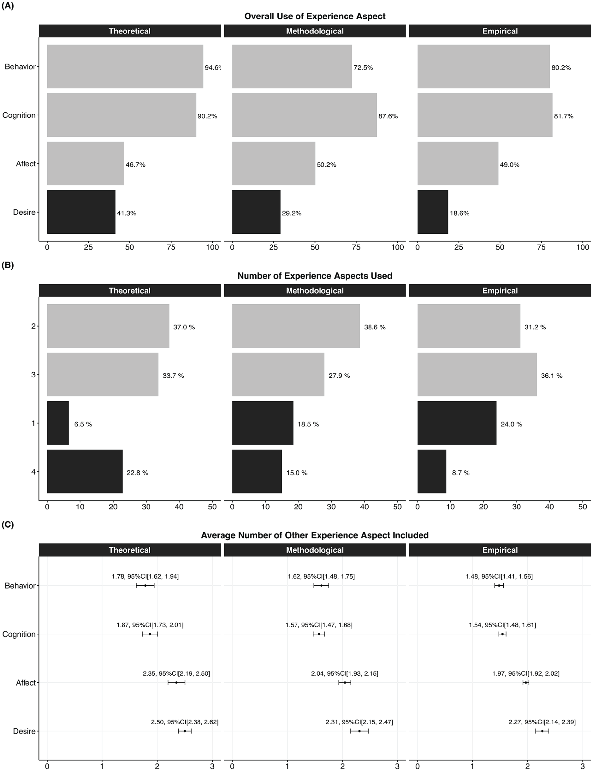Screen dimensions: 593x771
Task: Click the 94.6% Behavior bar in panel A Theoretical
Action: coord(125,66)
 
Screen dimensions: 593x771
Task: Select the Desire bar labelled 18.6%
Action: coord(433,212)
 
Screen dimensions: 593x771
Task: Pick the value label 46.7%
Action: coord(135,165)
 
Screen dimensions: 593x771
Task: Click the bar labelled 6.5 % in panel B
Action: coord(58,423)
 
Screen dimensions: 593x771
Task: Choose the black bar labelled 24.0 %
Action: coord(457,423)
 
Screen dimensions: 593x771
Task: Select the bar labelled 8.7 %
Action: coord(432,471)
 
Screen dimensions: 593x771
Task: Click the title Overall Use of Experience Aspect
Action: coord(315,16)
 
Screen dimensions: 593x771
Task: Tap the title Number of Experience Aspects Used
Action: coord(315,276)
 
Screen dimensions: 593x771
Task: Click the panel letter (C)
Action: coord(8,525)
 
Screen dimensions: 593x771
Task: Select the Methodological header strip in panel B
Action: coord(315,290)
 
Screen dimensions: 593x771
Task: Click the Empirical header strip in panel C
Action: coord(500,550)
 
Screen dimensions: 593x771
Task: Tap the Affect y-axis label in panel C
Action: coord(26,683)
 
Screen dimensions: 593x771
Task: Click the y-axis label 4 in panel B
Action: coord(33,472)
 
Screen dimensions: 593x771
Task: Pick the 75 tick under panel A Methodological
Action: coord(356,248)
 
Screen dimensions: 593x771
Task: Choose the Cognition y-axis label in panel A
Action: coord(19,116)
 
